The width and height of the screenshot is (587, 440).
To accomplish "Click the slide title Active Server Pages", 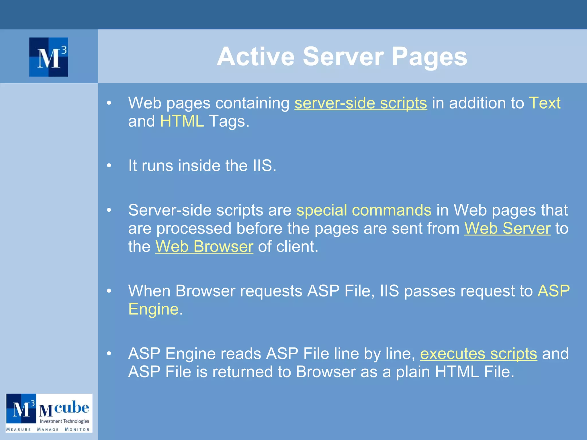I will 342,56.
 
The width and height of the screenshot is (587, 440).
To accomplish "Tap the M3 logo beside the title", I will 49,57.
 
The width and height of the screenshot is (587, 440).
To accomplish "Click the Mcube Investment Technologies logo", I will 49,413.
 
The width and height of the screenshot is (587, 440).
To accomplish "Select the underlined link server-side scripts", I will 361,103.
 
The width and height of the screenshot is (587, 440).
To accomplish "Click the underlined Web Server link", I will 507,229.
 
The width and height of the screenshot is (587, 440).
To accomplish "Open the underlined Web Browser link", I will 204,247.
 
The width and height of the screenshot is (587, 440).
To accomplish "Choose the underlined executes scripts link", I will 478,354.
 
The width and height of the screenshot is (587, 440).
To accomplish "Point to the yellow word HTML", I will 182,121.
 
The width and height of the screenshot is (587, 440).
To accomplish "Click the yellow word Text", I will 545,103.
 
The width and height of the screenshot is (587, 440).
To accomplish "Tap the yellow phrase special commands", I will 364,210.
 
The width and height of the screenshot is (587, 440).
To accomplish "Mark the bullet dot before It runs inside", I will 109,166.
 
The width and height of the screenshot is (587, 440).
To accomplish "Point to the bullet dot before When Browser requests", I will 109,291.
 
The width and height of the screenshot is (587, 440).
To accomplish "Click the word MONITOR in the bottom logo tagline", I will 77,429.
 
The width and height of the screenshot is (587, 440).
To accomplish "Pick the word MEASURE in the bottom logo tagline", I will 19,429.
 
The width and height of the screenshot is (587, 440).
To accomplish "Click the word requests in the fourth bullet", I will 271,291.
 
